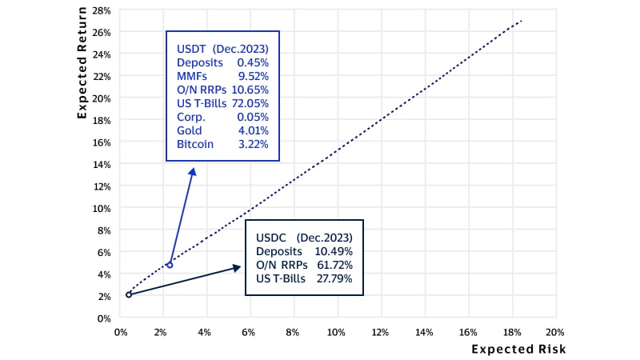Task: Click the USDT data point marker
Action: point(170,264)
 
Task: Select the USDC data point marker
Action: point(129,294)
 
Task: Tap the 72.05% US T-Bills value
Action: point(250,103)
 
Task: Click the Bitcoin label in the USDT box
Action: point(194,145)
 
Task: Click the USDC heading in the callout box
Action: point(272,238)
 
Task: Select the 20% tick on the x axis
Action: point(554,331)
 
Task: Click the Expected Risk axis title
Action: point(518,349)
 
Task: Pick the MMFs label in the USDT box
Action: point(192,76)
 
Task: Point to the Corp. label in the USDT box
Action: point(190,117)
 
